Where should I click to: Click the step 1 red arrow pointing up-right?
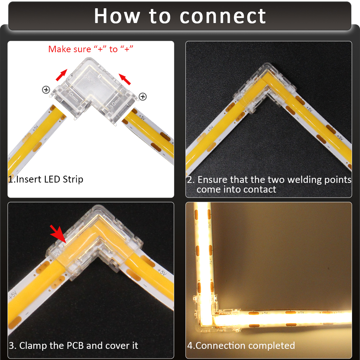[61, 75]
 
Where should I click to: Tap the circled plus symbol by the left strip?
[46, 90]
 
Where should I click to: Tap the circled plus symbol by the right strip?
[143, 96]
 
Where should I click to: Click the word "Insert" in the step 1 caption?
[29, 179]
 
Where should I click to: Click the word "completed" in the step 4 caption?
[271, 346]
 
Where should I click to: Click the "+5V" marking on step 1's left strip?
[35, 128]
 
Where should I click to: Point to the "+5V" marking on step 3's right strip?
[162, 272]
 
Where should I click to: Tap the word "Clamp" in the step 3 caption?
[32, 346]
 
